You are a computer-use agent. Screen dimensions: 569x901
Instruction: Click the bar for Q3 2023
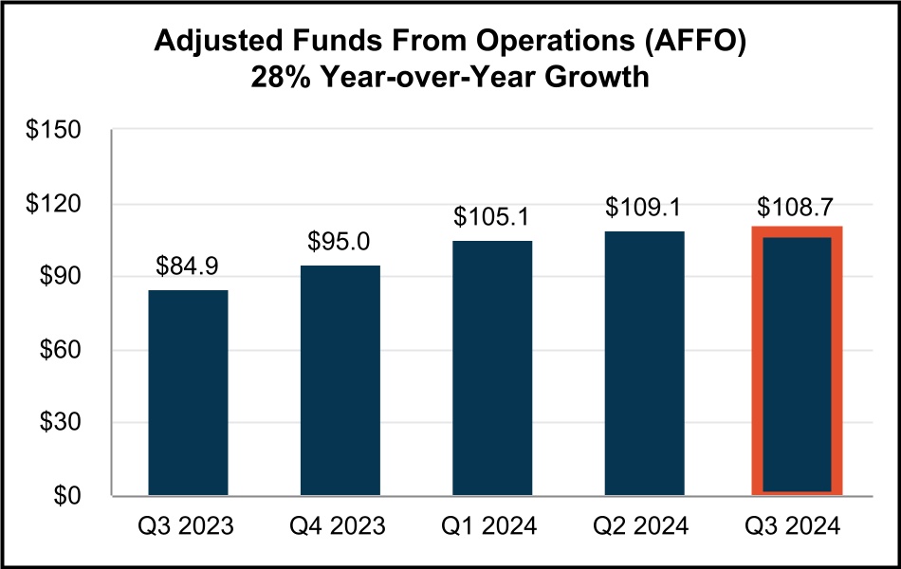188,393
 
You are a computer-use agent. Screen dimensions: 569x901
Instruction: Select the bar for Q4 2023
340,380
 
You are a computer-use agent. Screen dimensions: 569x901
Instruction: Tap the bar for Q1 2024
492,368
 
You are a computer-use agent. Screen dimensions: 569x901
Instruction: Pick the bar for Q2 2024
645,363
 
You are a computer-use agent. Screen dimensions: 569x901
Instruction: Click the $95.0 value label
340,241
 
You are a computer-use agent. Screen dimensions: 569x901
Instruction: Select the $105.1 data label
492,216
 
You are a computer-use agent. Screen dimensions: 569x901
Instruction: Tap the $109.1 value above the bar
645,207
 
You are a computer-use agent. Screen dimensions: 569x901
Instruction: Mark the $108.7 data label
798,207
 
